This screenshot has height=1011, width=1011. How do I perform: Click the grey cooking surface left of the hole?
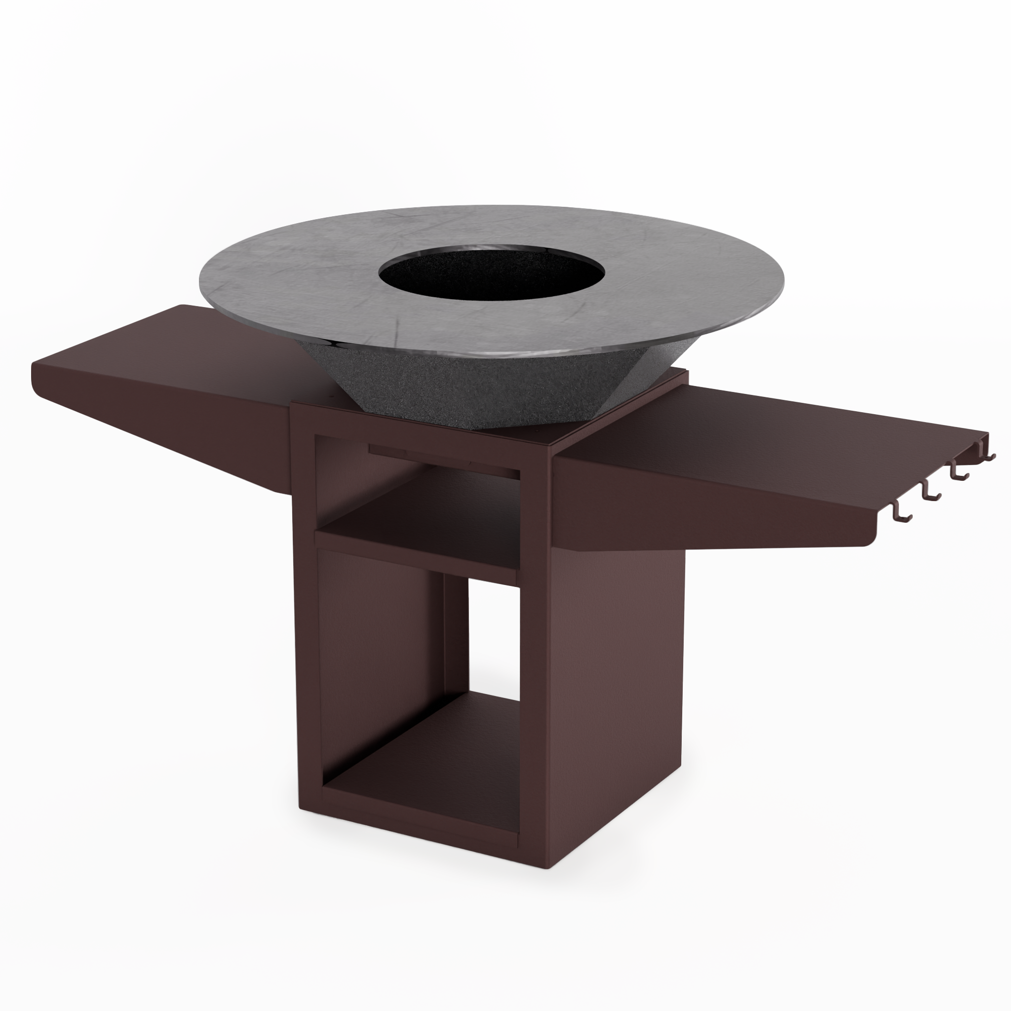coord(293,282)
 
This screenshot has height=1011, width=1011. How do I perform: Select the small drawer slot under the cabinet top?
coord(445,461)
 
